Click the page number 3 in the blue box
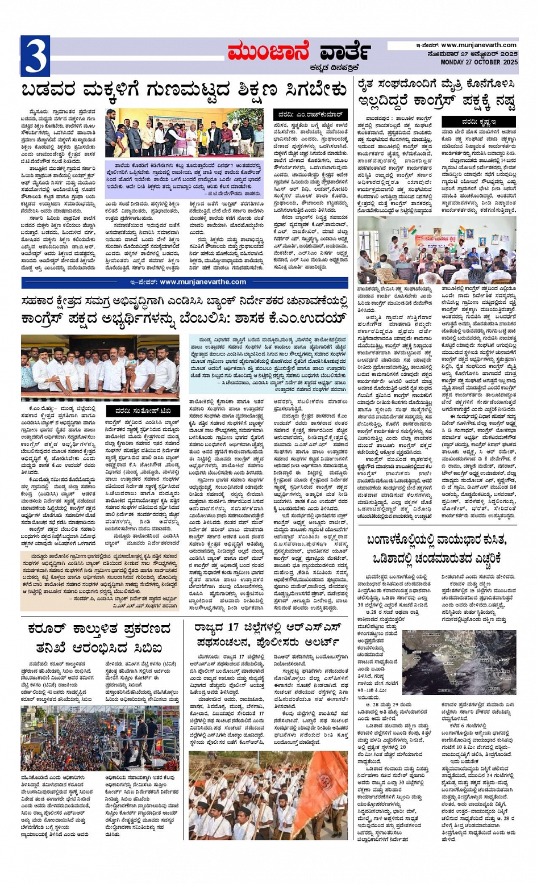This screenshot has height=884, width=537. click(x=35, y=56)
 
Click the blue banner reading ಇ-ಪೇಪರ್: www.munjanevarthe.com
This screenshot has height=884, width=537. click(x=185, y=282)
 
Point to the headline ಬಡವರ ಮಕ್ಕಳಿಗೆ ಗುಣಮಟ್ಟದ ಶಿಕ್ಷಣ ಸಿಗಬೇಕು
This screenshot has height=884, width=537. click(x=184, y=90)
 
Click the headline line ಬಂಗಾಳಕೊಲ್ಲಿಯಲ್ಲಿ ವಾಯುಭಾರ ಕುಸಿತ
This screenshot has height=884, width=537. click(x=437, y=539)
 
